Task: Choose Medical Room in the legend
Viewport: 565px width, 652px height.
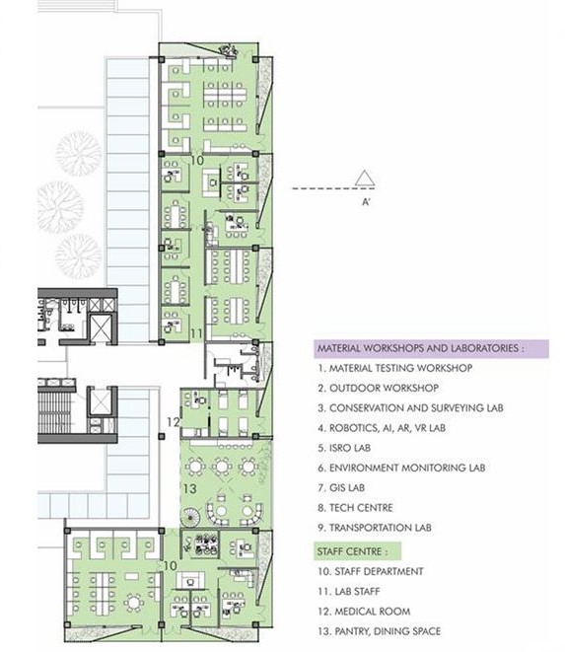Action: tap(366, 611)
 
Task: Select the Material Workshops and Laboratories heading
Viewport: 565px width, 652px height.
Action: tap(418, 348)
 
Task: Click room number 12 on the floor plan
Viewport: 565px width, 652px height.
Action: tap(173, 422)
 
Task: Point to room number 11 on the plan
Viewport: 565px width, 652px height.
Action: tap(196, 334)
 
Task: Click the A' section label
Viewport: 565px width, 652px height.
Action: tap(366, 201)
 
